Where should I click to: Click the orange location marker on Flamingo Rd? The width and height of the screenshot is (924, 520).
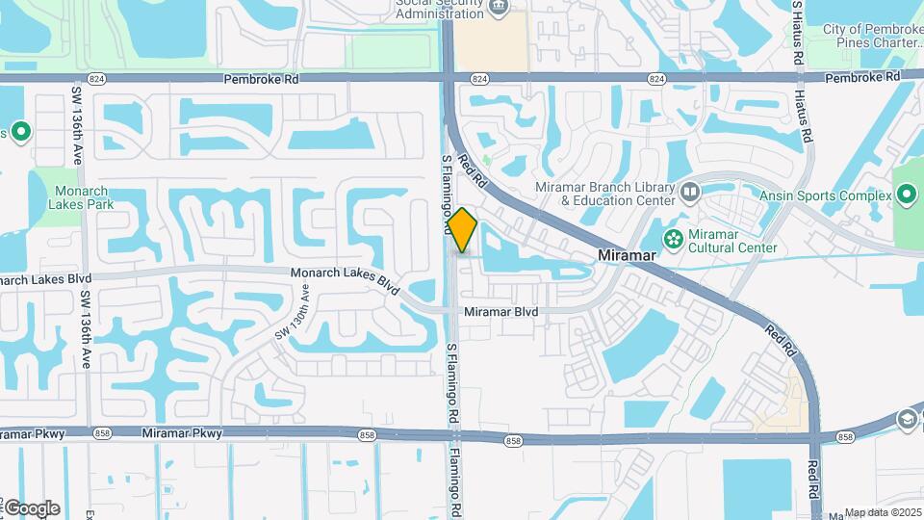462,229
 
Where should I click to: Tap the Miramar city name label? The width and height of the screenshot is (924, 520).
627,255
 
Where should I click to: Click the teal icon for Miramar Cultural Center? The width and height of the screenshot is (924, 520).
674,237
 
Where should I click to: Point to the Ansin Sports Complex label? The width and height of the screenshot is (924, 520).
825,196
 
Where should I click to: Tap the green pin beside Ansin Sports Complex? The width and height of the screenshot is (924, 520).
906,196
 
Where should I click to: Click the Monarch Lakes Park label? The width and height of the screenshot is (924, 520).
85,197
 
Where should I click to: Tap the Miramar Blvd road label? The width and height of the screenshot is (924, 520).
501,312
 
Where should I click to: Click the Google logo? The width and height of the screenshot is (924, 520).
31,508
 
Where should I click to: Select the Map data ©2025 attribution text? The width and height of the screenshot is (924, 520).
882,512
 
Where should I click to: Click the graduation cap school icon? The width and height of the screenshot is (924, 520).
906,420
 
